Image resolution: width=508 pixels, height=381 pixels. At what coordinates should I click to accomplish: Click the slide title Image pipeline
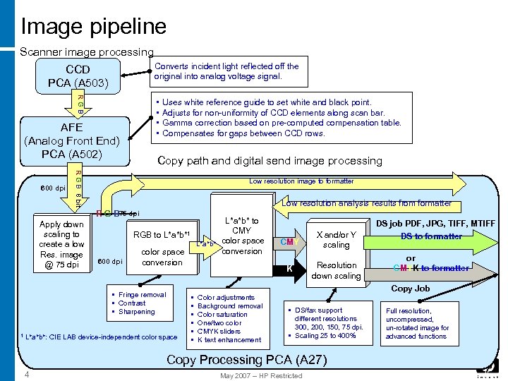pyautogui.click(x=94, y=27)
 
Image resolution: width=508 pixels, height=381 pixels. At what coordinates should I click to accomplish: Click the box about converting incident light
pyautogui.click(x=226, y=71)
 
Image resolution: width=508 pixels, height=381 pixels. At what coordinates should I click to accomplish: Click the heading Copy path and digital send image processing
pyautogui.click(x=269, y=161)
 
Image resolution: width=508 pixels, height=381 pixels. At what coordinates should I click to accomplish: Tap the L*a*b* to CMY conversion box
pyautogui.click(x=241, y=236)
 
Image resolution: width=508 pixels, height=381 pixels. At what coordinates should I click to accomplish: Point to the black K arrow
pyautogui.click(x=289, y=269)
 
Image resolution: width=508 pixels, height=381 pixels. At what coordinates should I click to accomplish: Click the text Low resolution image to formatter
pyautogui.click(x=301, y=181)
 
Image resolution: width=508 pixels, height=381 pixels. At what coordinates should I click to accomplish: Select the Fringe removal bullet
pyautogui.click(x=142, y=295)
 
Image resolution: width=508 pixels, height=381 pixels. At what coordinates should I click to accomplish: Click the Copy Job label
pyautogui.click(x=410, y=289)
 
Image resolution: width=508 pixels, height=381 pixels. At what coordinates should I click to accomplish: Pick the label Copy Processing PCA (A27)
pyautogui.click(x=246, y=360)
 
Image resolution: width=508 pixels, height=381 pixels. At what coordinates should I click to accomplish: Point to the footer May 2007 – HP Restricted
pyautogui.click(x=261, y=375)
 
